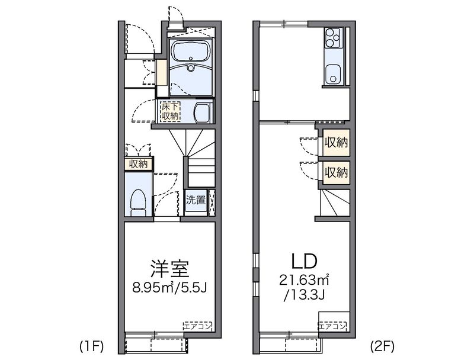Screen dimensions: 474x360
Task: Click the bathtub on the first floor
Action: (x=191, y=53)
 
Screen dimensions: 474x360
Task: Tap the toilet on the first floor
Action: (x=139, y=202)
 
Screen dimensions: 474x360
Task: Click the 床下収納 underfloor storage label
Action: (x=171, y=111)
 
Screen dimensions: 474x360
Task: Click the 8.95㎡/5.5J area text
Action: (x=169, y=288)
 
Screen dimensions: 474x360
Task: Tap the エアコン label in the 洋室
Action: (x=197, y=326)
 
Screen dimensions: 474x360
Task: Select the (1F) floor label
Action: (x=92, y=346)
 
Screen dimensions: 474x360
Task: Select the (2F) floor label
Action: (x=382, y=346)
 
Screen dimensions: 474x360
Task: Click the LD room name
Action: (x=304, y=261)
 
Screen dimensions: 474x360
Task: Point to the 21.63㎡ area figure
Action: (x=304, y=280)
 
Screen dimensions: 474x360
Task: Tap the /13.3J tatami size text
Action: (x=304, y=294)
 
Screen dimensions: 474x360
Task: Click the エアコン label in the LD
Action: (x=332, y=326)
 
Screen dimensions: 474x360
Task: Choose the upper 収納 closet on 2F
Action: (x=336, y=143)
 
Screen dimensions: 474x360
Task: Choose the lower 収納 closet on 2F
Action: (x=336, y=173)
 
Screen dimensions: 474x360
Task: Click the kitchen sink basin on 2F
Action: (x=333, y=74)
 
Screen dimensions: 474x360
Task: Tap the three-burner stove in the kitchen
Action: (x=333, y=37)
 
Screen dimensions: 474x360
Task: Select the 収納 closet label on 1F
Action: (x=139, y=164)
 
